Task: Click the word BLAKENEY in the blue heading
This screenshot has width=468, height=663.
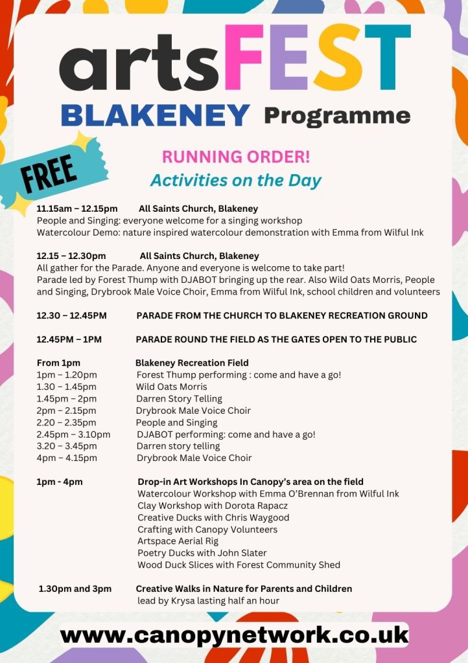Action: click(155, 116)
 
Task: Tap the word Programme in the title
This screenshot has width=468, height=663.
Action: click(337, 116)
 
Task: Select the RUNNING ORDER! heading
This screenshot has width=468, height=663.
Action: click(236, 157)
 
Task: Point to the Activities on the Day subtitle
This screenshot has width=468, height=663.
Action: click(236, 180)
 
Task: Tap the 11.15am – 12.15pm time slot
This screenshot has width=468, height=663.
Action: click(77, 208)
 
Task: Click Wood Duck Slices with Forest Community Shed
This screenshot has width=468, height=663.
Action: click(239, 565)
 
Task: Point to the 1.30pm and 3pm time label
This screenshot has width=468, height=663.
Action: click(75, 589)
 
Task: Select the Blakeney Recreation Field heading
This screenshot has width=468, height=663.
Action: click(192, 363)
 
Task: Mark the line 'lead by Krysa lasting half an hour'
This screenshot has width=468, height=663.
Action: click(208, 600)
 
